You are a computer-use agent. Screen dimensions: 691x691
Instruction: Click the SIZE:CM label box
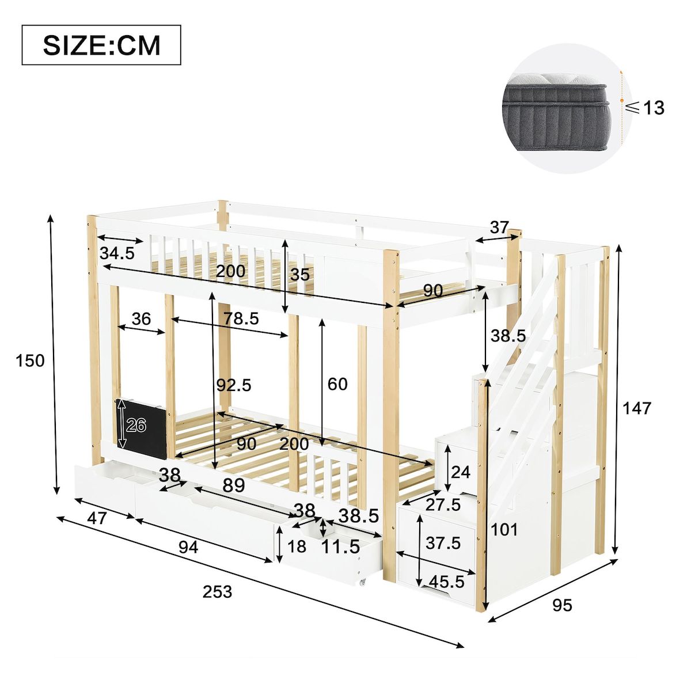coord(101,45)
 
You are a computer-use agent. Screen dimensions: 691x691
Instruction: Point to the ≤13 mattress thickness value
coord(644,108)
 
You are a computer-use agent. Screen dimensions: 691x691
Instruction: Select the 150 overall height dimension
coord(30,360)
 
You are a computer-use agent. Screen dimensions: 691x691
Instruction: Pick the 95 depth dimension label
coord(562,605)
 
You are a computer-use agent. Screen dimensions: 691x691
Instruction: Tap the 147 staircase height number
coord(636,408)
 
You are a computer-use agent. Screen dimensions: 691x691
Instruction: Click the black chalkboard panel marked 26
coord(141,428)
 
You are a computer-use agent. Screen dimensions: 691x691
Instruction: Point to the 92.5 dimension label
coord(234,385)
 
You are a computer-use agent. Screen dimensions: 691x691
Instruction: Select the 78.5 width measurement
coord(241,318)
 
